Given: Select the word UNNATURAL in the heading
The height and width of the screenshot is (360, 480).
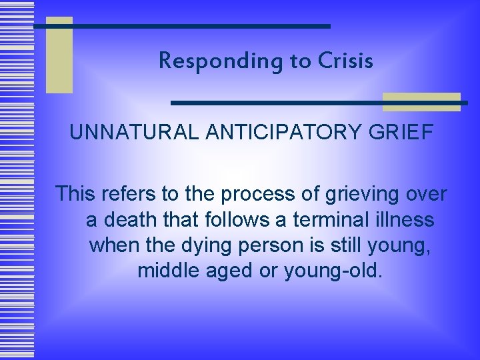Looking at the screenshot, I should [133, 133].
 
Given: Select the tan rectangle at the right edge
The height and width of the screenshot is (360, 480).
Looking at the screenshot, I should [421, 101].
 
